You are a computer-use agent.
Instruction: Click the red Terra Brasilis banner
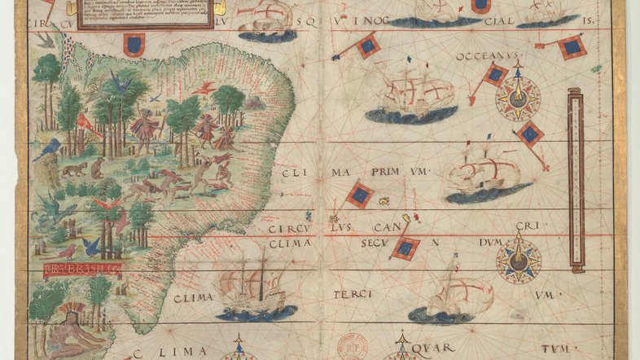click(81, 267)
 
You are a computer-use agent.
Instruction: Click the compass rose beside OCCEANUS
click(517, 97)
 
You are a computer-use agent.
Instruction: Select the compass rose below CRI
click(519, 260)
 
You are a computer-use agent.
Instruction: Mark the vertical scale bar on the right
click(576, 181)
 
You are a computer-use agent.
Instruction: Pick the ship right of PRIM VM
click(484, 172)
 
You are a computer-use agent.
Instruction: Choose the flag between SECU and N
click(405, 247)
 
